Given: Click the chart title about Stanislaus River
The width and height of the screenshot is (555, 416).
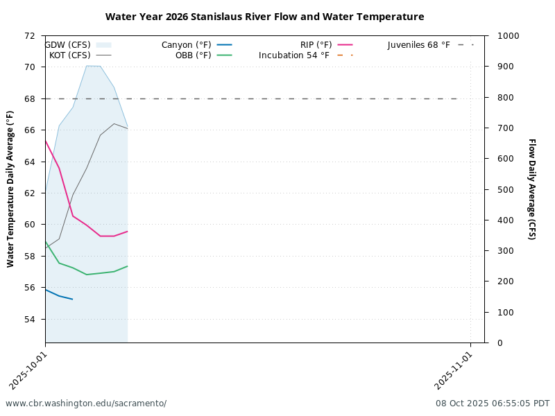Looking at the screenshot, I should tap(264, 17).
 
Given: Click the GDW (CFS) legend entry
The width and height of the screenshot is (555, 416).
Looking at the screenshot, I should tap(68, 45).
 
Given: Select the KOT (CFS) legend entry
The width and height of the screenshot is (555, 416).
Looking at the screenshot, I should tap(70, 55).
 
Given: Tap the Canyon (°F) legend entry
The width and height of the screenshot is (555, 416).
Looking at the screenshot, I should tap(187, 45).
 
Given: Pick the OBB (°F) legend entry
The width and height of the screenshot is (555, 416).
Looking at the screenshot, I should tap(194, 55).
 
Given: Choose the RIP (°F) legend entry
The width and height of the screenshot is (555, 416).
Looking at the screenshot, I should tap(316, 45).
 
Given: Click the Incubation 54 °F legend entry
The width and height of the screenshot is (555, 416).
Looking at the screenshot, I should tap(294, 55).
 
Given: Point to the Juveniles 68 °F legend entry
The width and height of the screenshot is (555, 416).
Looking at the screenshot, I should tap(419, 45).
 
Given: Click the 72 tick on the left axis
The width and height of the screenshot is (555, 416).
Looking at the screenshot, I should tap(30, 36).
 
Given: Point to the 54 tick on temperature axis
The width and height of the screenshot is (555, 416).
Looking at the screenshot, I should tap(30, 320).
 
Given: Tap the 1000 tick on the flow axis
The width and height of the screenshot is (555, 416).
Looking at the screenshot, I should tap(501, 36).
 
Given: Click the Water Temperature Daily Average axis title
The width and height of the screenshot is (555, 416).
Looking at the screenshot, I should tap(10, 189).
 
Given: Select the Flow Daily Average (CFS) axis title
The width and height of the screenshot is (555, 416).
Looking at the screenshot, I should tap(531, 189).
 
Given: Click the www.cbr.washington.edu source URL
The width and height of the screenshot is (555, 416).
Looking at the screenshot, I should tap(86, 404).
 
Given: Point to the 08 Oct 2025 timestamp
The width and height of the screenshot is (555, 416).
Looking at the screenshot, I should tap(493, 404).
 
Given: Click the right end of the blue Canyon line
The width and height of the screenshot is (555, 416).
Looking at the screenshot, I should tap(73, 300).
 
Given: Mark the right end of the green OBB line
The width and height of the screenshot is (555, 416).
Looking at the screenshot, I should tap(128, 266).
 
